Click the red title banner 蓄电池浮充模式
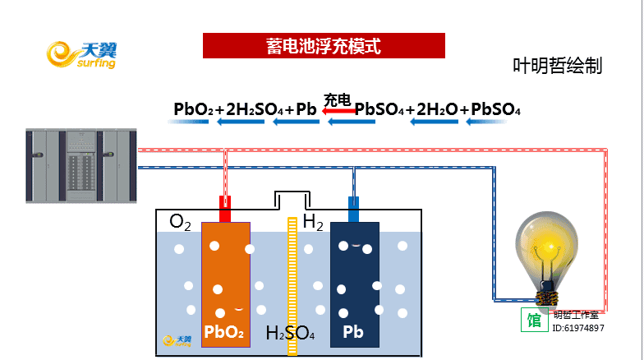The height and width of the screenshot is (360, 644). point(324,46)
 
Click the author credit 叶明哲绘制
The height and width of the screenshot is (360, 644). point(557,66)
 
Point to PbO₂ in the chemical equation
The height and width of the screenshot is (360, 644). point(193,109)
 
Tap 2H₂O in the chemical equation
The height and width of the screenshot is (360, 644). point(436,109)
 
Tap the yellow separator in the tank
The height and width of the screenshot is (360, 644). point(292,284)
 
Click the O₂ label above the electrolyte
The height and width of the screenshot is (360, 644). point(180,221)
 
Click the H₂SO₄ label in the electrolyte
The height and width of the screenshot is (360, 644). point(290,333)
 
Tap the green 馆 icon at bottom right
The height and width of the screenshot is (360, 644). point(534,320)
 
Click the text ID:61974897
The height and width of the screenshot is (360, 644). point(579,328)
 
